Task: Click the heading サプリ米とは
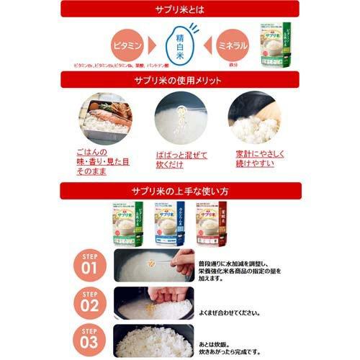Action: [x=180, y=9]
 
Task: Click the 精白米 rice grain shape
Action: [x=181, y=45]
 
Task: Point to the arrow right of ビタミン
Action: [x=153, y=45]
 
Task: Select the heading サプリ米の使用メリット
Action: [x=180, y=79]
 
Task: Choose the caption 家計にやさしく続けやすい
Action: [x=256, y=159]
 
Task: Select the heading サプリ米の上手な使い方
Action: [x=180, y=192]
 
